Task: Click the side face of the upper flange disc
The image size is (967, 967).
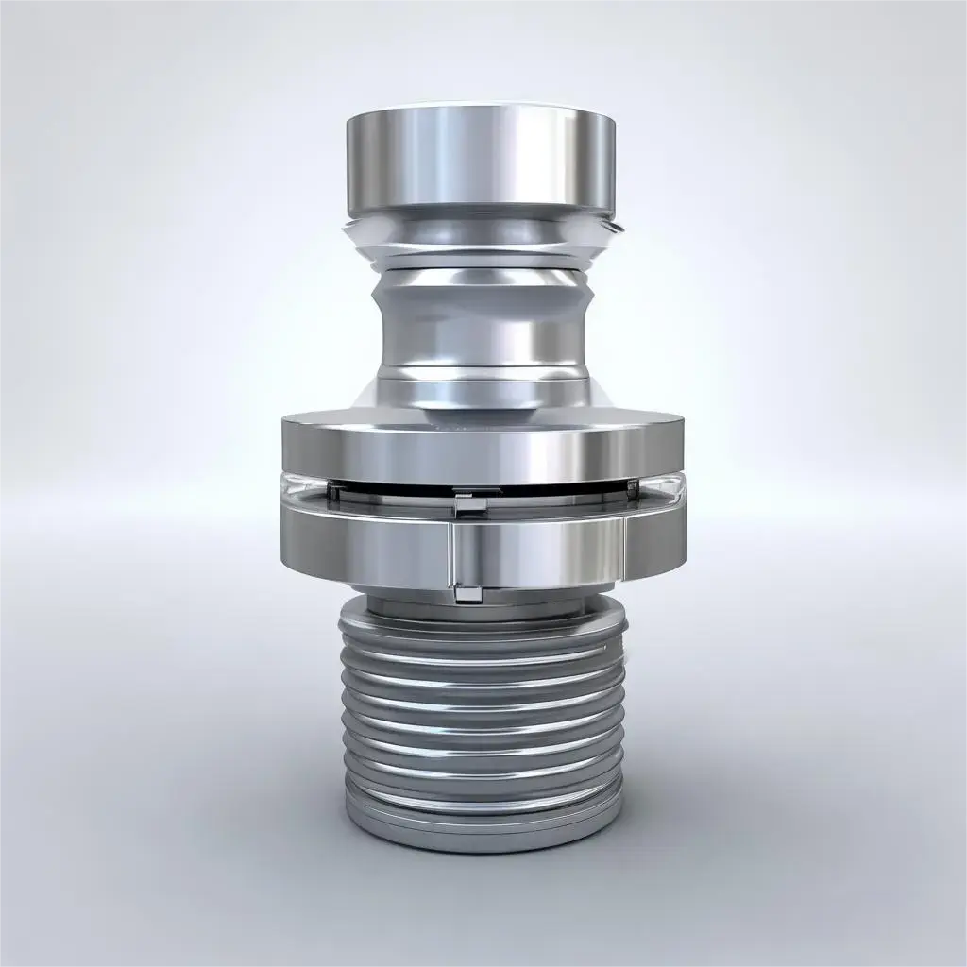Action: pos(482,449)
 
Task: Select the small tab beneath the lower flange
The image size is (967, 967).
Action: pos(466,593)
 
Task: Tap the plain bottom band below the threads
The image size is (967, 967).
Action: pos(482,831)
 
